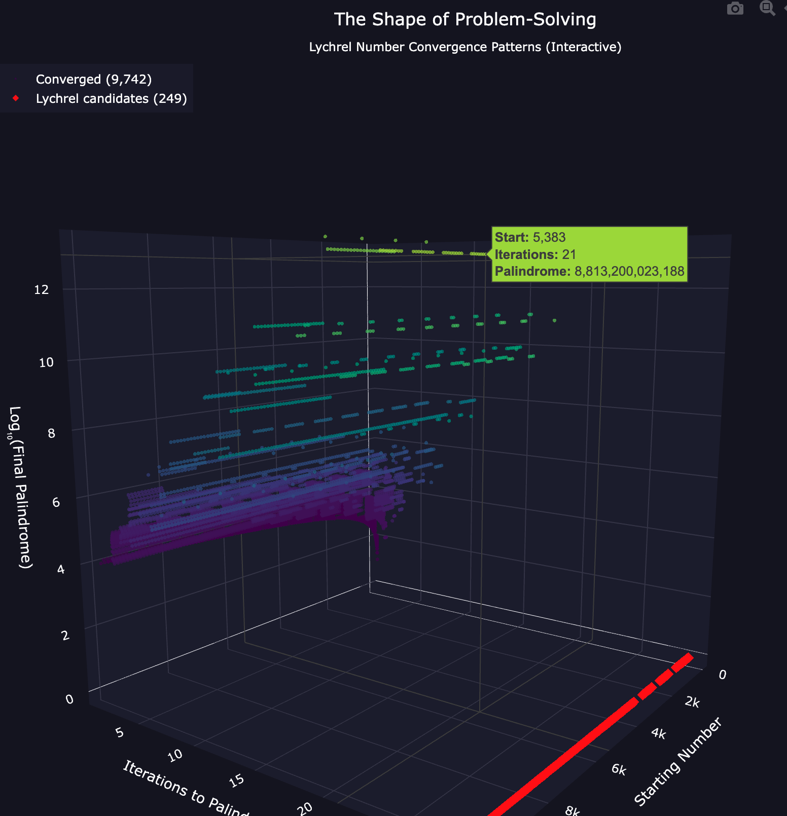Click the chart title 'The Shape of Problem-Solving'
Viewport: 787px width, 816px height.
(465, 20)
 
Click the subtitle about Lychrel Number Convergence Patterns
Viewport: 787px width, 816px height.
(465, 47)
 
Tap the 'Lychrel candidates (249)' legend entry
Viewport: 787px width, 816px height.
(111, 98)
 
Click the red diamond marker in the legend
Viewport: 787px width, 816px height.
(16, 98)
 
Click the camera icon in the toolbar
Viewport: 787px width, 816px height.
(735, 9)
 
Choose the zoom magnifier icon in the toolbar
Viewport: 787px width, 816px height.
(767, 8)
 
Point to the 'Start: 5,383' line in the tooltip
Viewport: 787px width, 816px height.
(530, 237)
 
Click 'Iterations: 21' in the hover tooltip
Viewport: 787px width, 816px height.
(535, 254)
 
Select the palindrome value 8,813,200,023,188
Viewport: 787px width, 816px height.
(629, 272)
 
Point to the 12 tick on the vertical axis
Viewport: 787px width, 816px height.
(42, 290)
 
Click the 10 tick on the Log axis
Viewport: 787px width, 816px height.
(46, 362)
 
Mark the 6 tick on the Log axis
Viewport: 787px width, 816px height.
(56, 502)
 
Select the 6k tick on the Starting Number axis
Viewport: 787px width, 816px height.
(619, 770)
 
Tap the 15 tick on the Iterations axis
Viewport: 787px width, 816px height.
(237, 781)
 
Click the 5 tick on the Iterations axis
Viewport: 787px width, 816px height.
(120, 733)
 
